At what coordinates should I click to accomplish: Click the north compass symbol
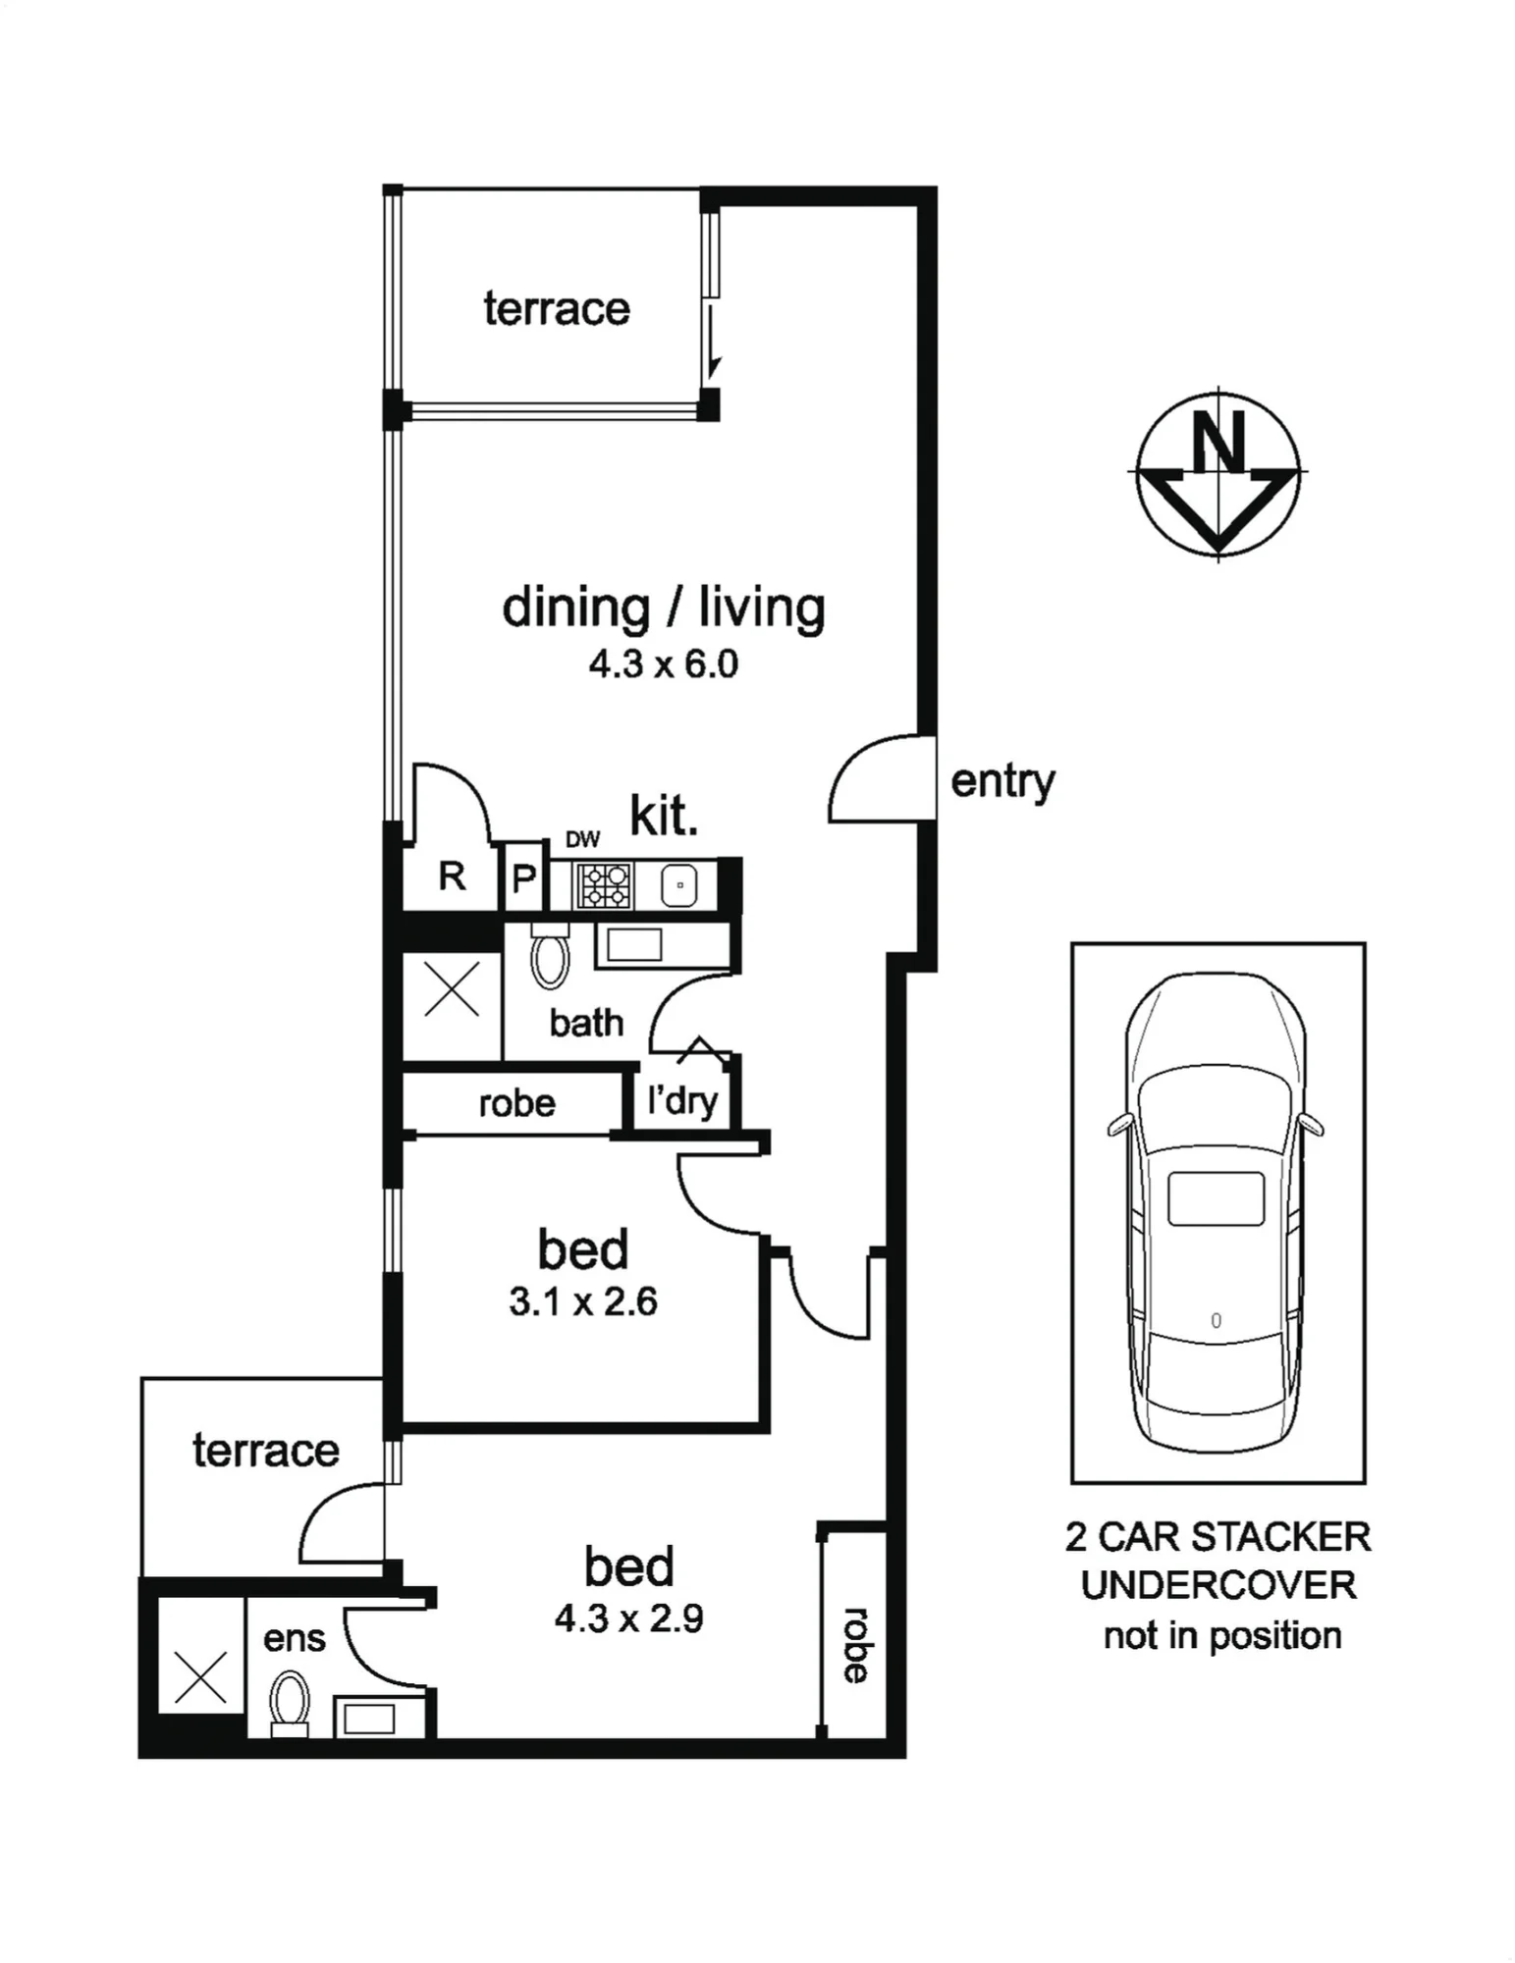click(x=1217, y=473)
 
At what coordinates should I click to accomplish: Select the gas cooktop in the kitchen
click(x=605, y=884)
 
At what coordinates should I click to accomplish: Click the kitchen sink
click(x=679, y=885)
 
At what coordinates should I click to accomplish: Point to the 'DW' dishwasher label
click(x=582, y=839)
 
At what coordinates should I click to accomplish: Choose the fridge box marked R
click(x=452, y=875)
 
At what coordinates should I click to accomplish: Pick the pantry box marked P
click(x=524, y=876)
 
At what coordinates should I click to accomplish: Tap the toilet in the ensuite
click(x=290, y=1705)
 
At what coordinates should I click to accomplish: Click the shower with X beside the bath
click(x=452, y=989)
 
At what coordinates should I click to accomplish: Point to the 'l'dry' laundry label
click(x=682, y=1100)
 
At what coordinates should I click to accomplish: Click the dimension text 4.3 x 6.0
click(x=664, y=664)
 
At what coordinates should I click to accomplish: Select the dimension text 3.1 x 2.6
click(x=583, y=1302)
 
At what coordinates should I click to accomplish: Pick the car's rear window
click(x=1216, y=1198)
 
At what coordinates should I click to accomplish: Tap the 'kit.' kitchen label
click(x=664, y=817)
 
